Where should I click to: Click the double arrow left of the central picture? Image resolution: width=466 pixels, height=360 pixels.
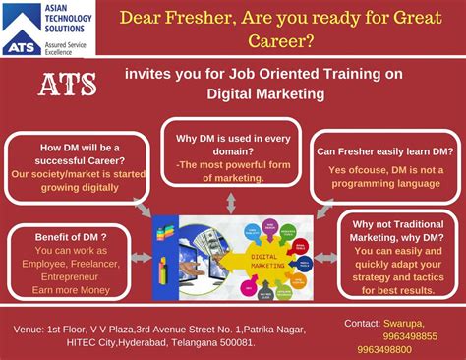coord(142,257)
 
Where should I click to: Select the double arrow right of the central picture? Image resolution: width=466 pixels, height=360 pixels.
coord(327,257)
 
